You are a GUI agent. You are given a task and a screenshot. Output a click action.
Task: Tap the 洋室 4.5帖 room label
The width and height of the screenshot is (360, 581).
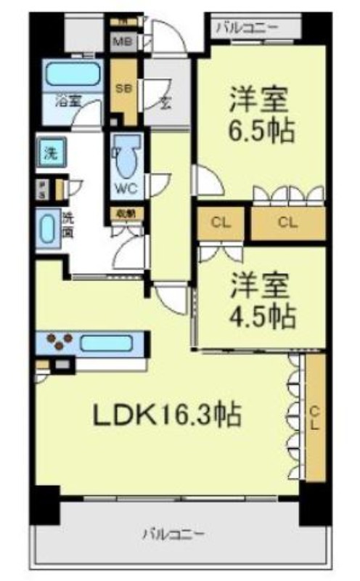(x=262, y=300)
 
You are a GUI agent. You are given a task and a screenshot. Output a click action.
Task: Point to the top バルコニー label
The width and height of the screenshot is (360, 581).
(x=247, y=28)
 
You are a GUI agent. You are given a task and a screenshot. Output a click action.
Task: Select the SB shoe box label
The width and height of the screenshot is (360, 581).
(x=123, y=90)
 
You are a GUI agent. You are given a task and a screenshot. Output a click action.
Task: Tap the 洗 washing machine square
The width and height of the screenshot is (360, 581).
(x=50, y=153)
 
